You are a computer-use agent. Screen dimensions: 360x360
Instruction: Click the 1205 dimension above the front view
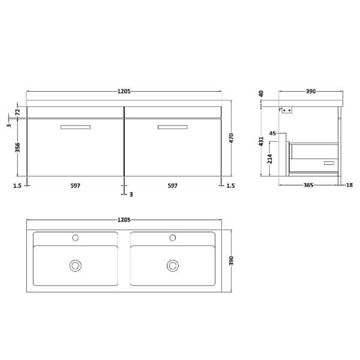point(124,92)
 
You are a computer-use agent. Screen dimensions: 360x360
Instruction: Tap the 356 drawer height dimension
point(18,148)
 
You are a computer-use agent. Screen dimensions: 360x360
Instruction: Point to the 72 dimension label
point(18,112)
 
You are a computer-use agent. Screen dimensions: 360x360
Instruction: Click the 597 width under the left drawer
point(75,186)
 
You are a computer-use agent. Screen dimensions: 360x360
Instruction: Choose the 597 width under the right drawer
point(172,186)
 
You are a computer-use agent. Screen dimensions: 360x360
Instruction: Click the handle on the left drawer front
point(75,127)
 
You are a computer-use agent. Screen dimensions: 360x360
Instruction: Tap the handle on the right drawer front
point(172,127)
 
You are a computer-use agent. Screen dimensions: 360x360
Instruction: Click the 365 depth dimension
point(308,186)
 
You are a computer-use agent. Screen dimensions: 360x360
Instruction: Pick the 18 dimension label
point(349,186)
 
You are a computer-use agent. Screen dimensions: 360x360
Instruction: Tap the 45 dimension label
point(272,133)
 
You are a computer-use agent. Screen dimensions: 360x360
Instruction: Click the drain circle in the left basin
point(76,265)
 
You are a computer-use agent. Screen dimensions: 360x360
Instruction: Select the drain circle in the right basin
point(173,265)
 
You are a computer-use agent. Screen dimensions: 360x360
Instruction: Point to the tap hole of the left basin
point(76,238)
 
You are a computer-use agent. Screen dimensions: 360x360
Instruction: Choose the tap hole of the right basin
point(173,238)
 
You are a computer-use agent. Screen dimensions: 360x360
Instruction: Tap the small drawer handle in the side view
point(328,163)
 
